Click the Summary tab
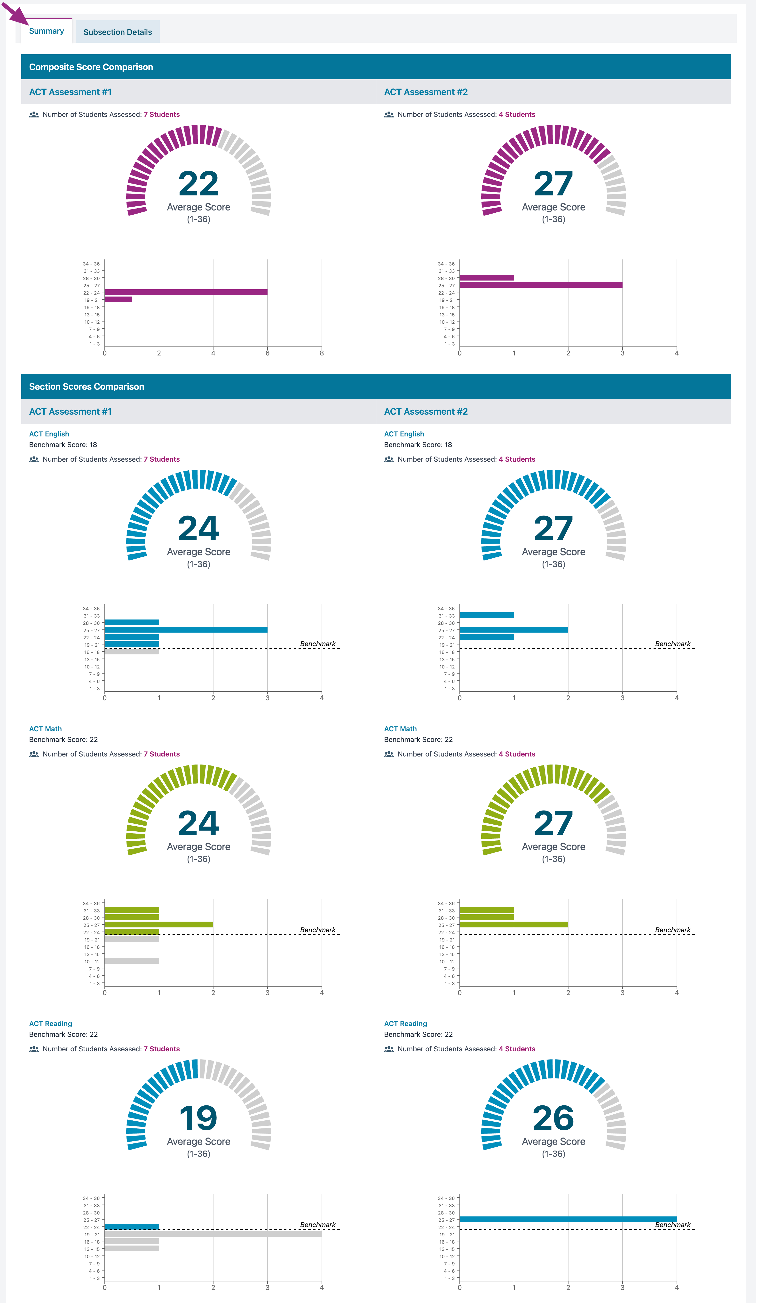point(47,31)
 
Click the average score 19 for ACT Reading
point(198,1118)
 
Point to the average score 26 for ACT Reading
point(553,1118)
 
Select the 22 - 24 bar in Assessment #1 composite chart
point(186,292)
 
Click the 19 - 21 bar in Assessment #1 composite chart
point(118,299)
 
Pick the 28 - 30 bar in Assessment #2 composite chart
point(487,278)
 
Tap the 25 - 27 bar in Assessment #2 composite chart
point(541,285)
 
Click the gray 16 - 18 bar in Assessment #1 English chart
point(132,652)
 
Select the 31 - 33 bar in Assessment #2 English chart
point(487,615)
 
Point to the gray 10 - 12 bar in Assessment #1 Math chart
point(132,961)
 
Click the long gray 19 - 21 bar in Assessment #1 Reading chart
point(213,1234)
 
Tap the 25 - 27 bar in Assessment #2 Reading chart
point(568,1219)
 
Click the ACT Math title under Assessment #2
point(400,729)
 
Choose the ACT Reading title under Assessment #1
point(51,1024)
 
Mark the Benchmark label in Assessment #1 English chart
point(318,644)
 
